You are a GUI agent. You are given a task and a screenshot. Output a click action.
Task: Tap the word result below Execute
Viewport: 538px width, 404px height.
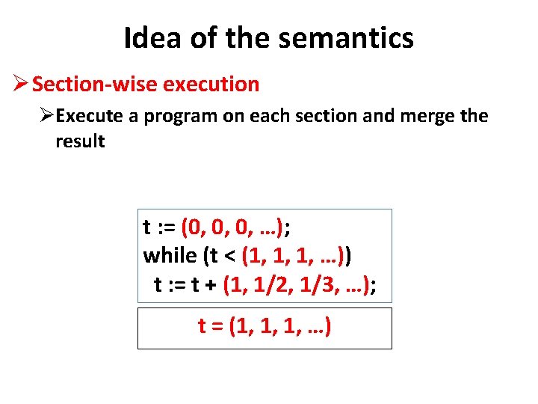80,141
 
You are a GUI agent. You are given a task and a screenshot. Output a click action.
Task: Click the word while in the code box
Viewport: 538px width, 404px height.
170,255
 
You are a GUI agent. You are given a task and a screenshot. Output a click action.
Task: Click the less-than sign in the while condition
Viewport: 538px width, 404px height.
230,256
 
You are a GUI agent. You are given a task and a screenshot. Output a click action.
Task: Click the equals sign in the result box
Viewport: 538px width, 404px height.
218,326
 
